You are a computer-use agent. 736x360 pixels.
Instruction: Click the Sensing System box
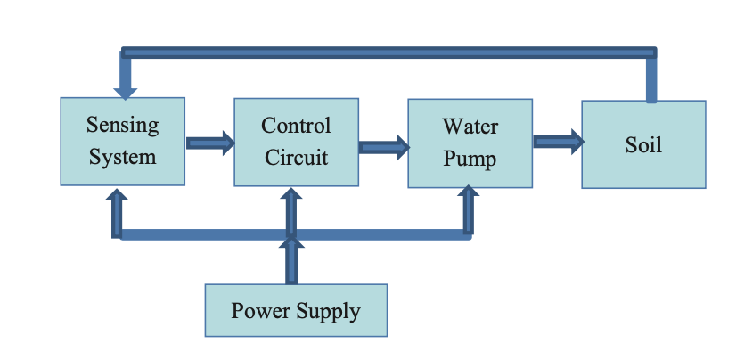point(122,142)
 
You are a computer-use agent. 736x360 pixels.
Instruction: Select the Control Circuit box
point(296,142)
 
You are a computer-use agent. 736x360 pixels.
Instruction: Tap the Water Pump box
point(470,143)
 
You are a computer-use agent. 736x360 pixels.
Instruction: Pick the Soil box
point(643,144)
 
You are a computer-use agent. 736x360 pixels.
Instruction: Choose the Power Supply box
point(296,310)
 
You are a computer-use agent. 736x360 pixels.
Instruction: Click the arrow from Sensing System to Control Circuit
point(210,142)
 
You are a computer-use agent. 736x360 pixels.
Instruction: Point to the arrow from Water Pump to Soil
point(558,141)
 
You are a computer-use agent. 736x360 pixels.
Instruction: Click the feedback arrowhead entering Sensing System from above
point(126,91)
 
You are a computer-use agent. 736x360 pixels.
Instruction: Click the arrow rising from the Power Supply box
point(290,261)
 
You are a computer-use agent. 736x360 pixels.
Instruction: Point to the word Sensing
point(122,126)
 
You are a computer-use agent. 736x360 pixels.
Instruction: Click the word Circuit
point(296,158)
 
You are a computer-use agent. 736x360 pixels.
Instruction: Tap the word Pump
point(470,159)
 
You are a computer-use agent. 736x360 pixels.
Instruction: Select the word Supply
point(330,312)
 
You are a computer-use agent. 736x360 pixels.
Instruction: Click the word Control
point(296,126)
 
